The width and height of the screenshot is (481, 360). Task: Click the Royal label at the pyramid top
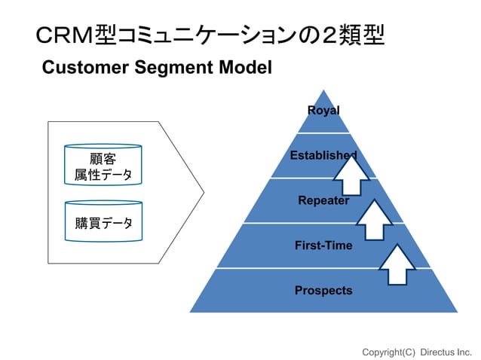[x=323, y=111]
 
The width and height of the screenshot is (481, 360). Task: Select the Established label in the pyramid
[x=323, y=155]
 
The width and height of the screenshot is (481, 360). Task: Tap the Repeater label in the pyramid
[x=323, y=200]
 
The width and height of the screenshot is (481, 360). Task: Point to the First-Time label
[x=323, y=246]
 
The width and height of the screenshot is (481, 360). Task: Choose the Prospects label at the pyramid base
[x=323, y=291]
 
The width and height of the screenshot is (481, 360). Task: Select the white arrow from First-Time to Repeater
[x=374, y=220]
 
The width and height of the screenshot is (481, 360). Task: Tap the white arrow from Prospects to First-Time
[x=397, y=264]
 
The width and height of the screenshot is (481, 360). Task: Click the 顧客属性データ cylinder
[x=103, y=164]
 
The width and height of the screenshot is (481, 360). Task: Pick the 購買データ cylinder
[x=104, y=221]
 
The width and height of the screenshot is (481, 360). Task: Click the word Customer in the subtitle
[x=85, y=67]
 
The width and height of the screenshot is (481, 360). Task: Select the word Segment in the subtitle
[x=173, y=68]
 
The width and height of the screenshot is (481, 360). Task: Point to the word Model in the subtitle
[x=246, y=67]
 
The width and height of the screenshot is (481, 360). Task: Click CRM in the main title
[x=64, y=35]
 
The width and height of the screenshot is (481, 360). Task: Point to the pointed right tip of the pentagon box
[x=204, y=192]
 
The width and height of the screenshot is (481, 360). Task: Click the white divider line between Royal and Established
[x=323, y=133]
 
